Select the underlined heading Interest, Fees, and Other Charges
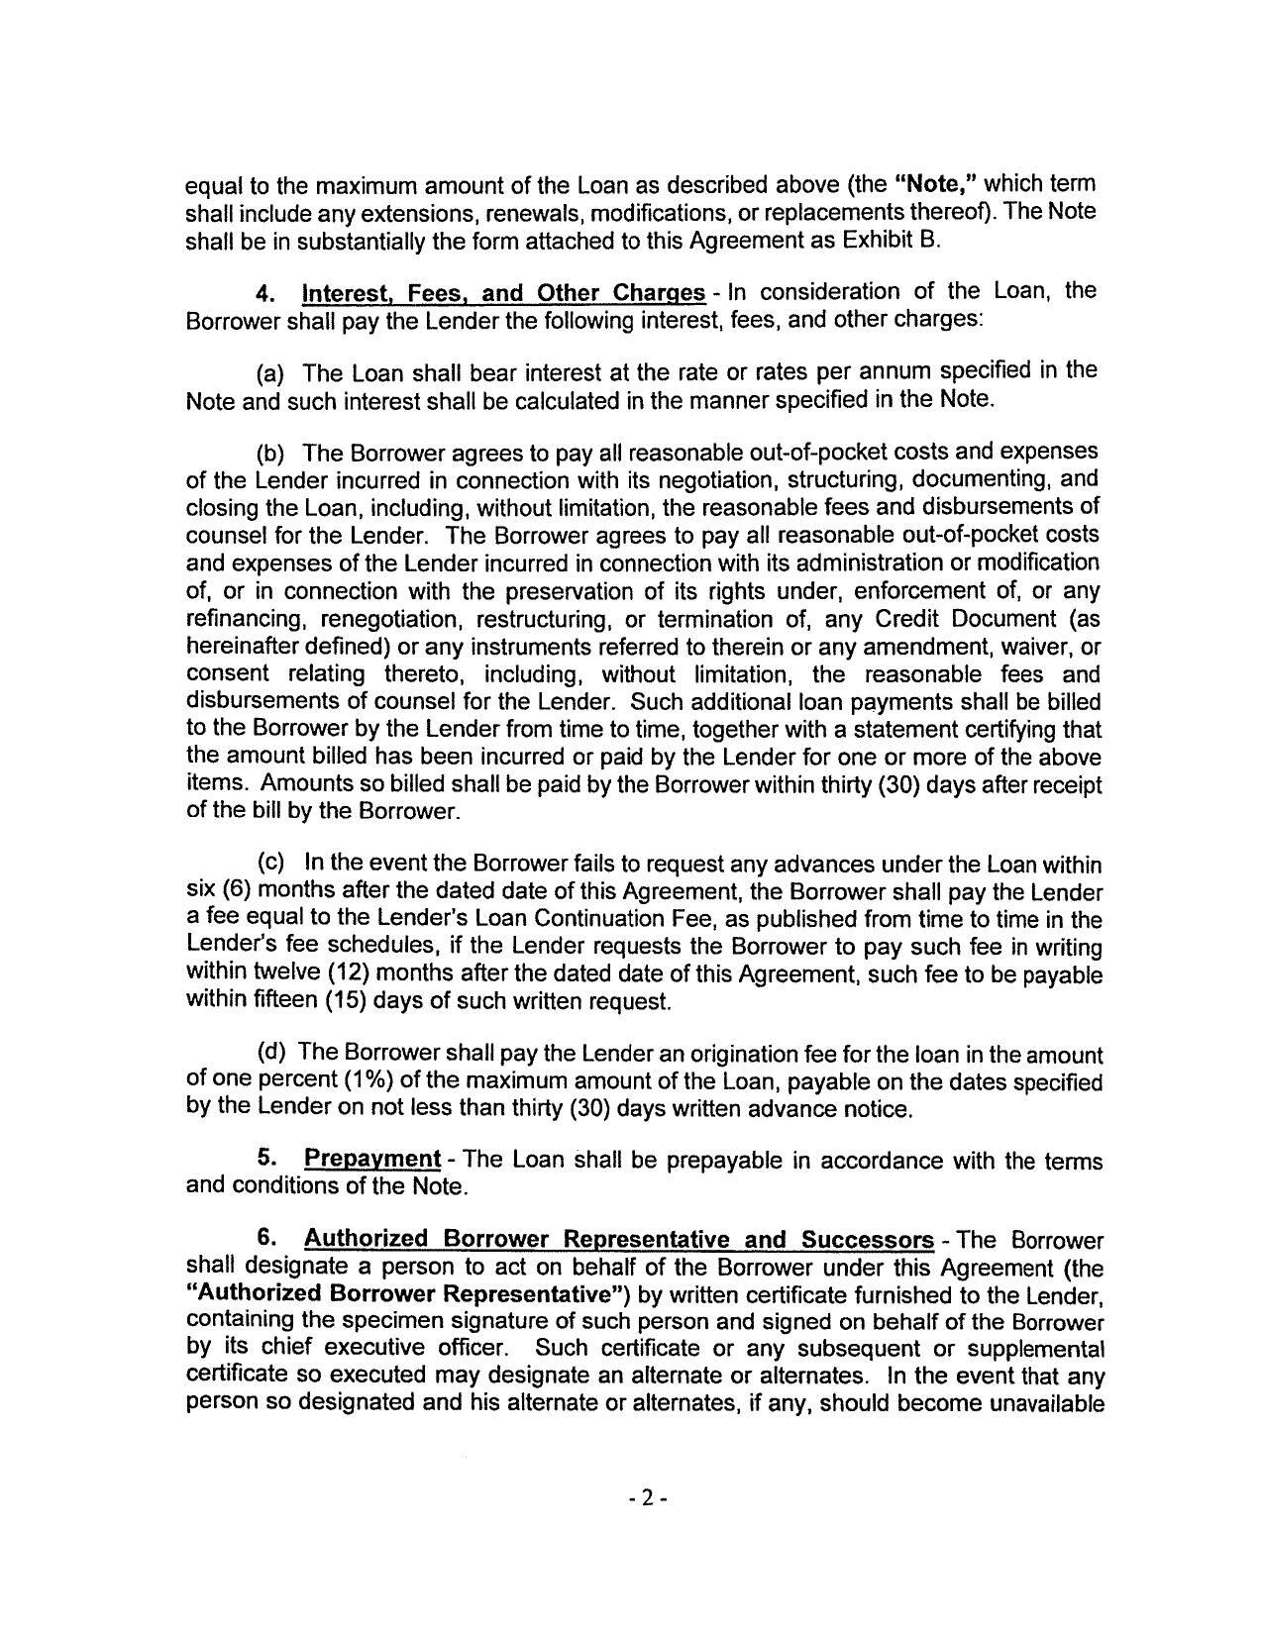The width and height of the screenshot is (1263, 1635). point(503,294)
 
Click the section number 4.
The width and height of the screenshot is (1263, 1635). point(264,294)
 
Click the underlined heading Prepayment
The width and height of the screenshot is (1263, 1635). point(371,1159)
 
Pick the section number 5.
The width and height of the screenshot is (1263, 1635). point(264,1159)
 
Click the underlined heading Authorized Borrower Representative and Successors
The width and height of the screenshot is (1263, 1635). point(618,1240)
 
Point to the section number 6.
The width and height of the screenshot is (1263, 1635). point(264,1240)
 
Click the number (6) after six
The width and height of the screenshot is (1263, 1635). point(236,891)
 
